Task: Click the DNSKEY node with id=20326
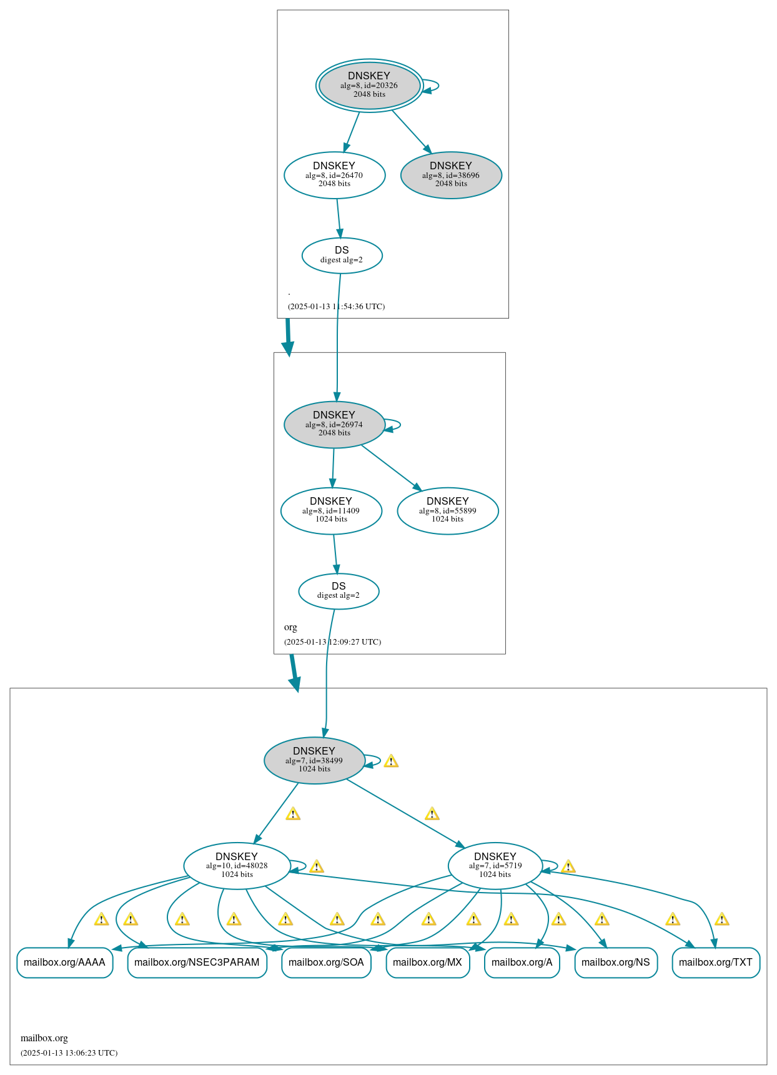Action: (x=369, y=86)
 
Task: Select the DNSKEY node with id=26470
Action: (x=334, y=175)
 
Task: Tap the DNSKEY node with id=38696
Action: (x=451, y=175)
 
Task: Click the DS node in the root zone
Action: (x=342, y=255)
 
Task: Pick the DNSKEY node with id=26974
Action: (x=334, y=424)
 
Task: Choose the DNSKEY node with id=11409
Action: (x=331, y=510)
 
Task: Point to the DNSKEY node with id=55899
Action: (x=448, y=510)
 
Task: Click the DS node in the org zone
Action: (x=339, y=591)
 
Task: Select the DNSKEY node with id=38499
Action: (x=314, y=760)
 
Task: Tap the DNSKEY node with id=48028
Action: (x=237, y=866)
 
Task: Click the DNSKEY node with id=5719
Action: (x=495, y=866)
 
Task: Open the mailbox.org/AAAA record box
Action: (x=64, y=963)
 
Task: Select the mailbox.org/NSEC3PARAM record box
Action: (x=197, y=963)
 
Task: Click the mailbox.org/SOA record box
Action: (x=326, y=963)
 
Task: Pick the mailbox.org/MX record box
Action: (x=427, y=963)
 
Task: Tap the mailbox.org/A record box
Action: (x=522, y=963)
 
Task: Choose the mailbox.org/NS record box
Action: (x=616, y=963)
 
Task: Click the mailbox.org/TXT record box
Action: (x=716, y=963)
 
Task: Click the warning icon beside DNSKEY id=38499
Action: (x=391, y=761)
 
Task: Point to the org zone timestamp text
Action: (x=332, y=642)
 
